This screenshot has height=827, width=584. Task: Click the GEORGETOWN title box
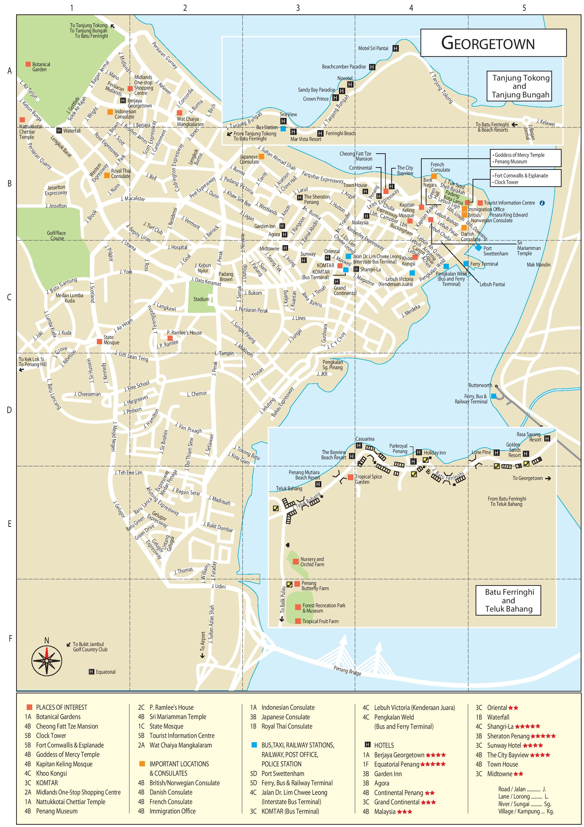click(x=493, y=43)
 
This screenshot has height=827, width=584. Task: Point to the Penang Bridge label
click(x=347, y=671)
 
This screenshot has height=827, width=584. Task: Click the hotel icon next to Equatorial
click(x=91, y=672)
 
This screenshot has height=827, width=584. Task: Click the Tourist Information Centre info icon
click(x=542, y=203)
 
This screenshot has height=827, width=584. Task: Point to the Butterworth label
click(x=480, y=385)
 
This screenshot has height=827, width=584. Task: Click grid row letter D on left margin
click(x=9, y=410)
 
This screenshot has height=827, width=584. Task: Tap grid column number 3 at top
click(x=298, y=8)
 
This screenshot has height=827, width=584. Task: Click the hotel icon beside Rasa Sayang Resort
click(x=547, y=438)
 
